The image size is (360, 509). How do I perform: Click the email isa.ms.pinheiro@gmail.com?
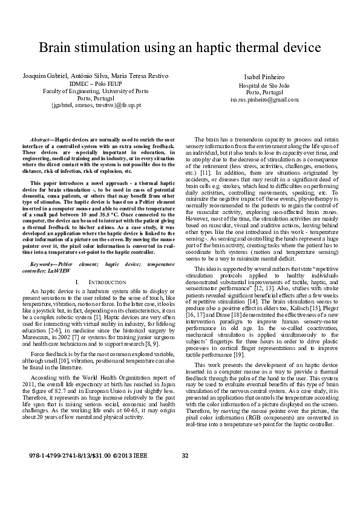click(261, 99)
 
